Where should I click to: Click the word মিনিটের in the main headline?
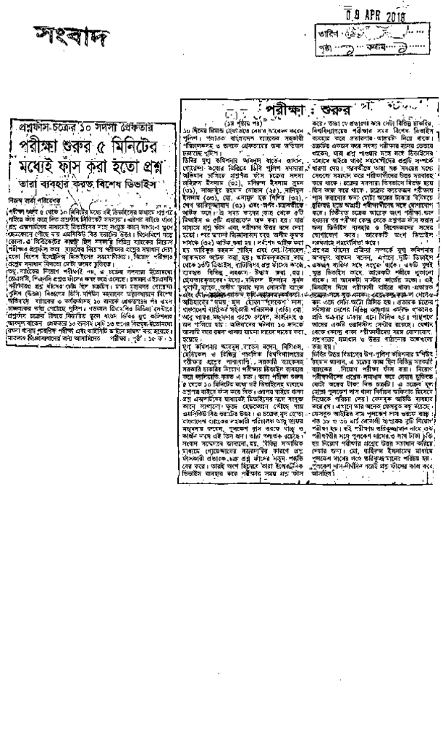click(145, 137)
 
